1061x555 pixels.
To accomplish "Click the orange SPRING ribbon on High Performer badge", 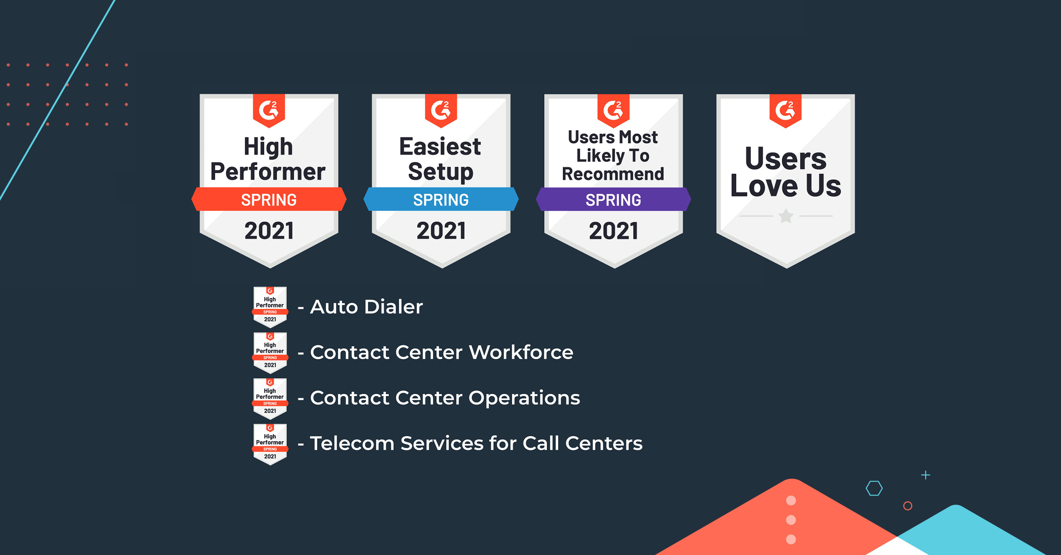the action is (x=269, y=199).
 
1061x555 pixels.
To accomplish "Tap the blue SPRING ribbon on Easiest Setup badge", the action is (x=441, y=199).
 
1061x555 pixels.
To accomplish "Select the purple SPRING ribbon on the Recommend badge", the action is (x=613, y=199).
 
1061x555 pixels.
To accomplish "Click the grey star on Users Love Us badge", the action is (x=786, y=216).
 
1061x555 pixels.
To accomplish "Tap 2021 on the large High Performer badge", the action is (x=269, y=231).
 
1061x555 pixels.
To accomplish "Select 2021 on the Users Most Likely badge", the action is (x=614, y=231).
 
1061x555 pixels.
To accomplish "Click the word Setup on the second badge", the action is (x=441, y=172).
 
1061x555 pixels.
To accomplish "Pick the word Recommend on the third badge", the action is (x=613, y=174).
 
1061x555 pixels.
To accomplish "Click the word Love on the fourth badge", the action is (x=764, y=186).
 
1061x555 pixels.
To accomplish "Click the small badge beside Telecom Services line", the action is (x=270, y=444).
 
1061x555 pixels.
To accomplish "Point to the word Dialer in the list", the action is (x=393, y=306).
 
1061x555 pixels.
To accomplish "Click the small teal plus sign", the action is (x=926, y=475).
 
